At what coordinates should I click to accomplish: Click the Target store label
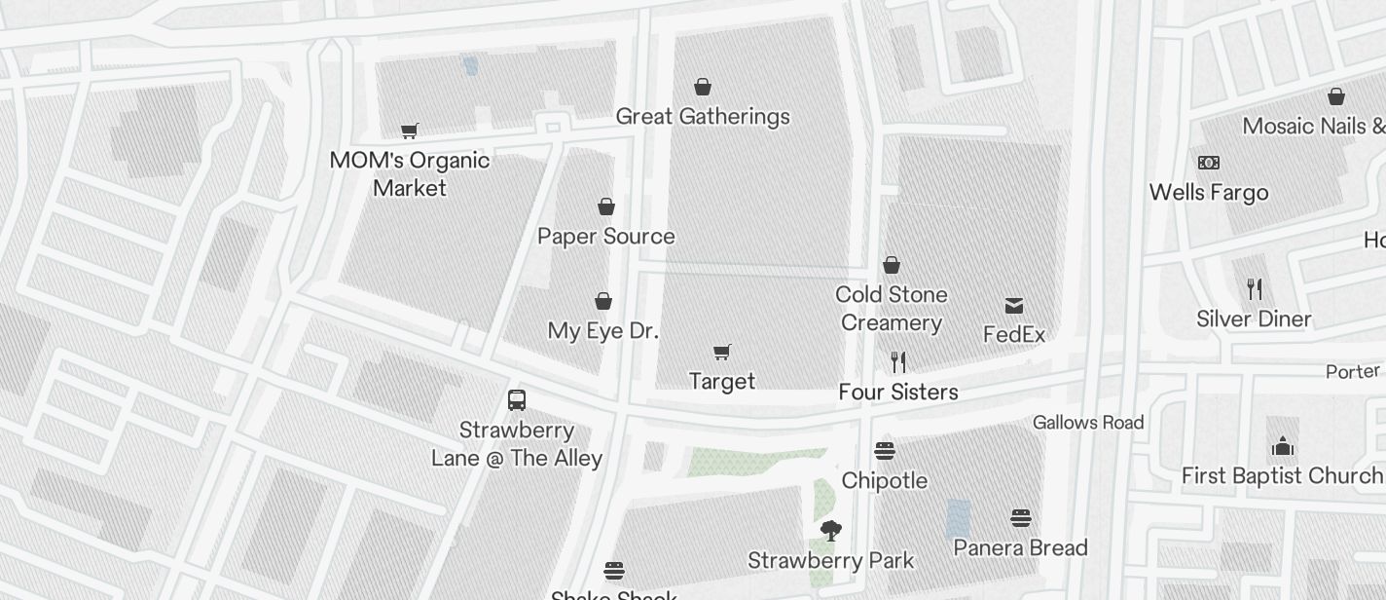722,381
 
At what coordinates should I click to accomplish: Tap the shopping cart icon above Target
722,352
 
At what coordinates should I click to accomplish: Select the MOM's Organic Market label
410,173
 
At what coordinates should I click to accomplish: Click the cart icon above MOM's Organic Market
410,131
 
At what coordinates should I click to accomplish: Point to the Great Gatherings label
703,117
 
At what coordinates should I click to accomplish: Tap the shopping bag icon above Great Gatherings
703,88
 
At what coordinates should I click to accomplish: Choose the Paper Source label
606,236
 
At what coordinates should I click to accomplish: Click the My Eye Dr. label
603,330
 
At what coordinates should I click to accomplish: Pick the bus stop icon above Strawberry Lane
517,400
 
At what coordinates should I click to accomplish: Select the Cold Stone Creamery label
892,308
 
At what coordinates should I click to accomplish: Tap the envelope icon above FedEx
1014,306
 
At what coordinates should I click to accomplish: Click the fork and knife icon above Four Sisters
898,362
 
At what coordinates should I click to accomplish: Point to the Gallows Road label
1088,422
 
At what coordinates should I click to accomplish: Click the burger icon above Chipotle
885,451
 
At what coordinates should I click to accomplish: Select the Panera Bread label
1021,547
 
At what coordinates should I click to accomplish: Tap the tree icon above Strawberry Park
830,531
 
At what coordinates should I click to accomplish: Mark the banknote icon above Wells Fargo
1209,163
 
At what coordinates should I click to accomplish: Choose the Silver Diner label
1254,319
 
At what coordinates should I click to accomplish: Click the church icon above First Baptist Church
1283,446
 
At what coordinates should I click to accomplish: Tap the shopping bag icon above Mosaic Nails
1336,96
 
